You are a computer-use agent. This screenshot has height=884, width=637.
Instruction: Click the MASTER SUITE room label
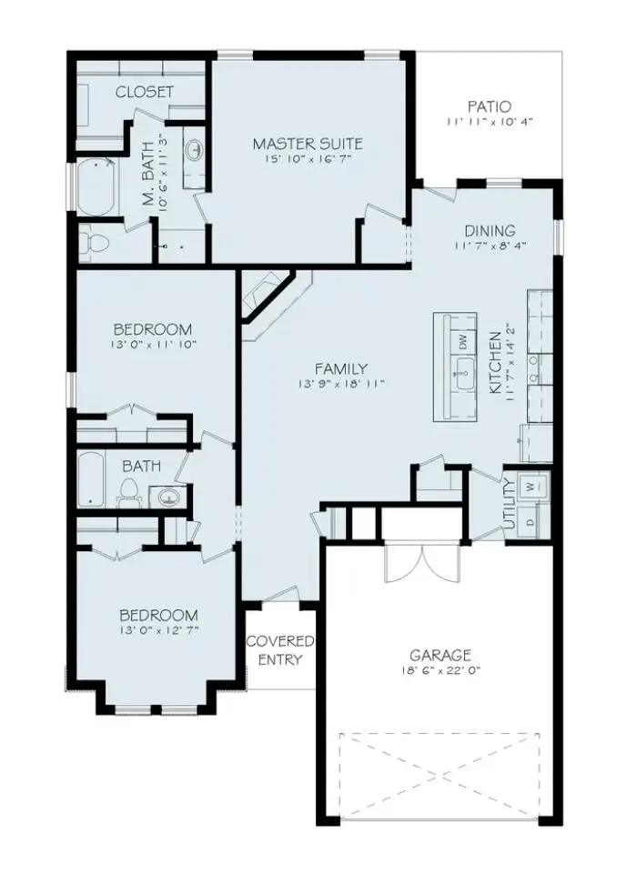coord(308,144)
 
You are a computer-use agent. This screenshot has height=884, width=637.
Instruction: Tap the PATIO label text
coord(489,106)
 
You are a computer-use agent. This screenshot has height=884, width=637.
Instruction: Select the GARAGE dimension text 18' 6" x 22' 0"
coord(440,670)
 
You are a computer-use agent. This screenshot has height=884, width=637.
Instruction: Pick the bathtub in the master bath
coord(95,187)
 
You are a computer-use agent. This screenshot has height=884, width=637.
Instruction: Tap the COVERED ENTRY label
coord(280,650)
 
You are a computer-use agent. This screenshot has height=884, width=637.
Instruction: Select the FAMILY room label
coord(341,368)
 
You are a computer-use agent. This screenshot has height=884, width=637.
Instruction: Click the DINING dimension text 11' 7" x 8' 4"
coord(490,246)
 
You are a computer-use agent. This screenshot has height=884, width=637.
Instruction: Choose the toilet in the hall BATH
coord(128,494)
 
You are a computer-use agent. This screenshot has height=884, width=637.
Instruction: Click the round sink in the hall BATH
coord(167,497)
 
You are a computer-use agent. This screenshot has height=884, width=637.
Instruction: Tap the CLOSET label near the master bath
coord(144,92)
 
